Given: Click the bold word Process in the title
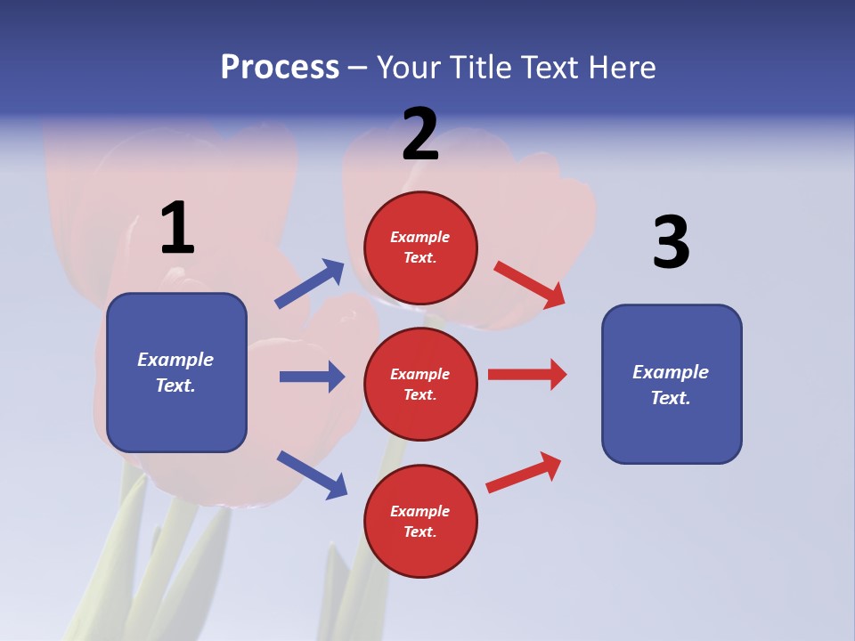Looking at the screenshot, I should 280,67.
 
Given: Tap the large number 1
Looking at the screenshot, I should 177,228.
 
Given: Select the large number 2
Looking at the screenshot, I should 420,134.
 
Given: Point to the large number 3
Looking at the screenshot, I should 671,242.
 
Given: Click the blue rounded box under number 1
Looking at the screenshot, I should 176,372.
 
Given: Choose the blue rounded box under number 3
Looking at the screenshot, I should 672,384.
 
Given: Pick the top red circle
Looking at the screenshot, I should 420,247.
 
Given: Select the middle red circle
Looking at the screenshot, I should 420,384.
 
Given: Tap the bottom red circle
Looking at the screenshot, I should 420,521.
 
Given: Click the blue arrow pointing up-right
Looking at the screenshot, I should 310,283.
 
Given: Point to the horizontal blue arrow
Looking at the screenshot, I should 312,377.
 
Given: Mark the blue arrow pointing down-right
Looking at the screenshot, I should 312,475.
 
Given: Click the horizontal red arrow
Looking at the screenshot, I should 527,375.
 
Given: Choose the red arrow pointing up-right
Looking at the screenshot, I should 525,473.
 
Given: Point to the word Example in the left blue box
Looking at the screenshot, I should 175,360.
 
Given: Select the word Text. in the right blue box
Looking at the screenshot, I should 671,398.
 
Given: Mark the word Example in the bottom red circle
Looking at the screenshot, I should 420,511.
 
